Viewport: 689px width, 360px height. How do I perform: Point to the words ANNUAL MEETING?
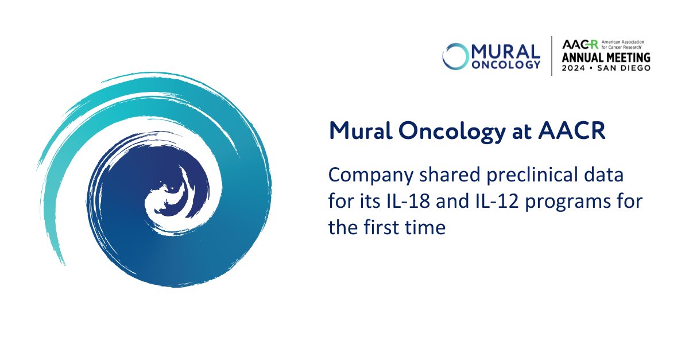click(x=606, y=57)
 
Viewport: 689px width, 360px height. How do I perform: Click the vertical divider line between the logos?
click(x=552, y=56)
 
